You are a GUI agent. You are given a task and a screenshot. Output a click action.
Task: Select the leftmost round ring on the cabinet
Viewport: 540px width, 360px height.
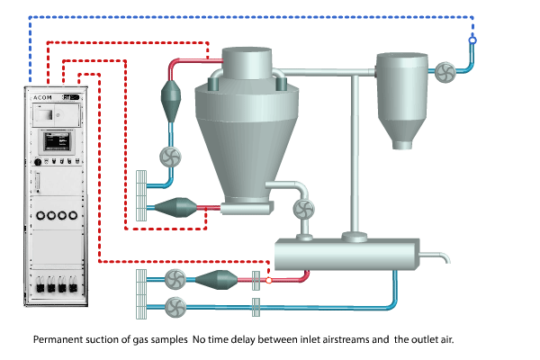pyautogui.click(x=42, y=216)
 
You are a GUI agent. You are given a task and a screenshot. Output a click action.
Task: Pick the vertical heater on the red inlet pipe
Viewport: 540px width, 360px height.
pyautogui.click(x=169, y=97)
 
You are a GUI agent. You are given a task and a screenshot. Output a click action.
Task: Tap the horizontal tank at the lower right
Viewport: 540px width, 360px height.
pyautogui.click(x=347, y=254)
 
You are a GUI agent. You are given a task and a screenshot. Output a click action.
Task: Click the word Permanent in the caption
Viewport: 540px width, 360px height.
pyautogui.click(x=56, y=341)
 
